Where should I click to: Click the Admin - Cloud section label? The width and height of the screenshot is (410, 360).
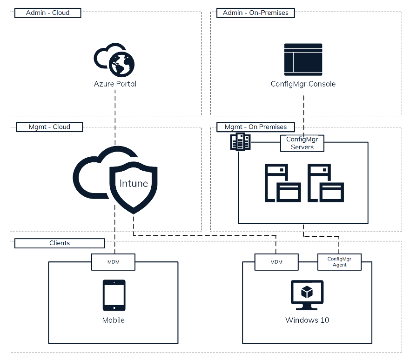coord(48,13)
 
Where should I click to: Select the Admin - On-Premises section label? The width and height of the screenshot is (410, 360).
coord(255,13)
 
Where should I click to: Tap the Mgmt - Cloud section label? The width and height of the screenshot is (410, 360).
coord(49,127)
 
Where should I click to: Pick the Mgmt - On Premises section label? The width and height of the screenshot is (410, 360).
coord(255,127)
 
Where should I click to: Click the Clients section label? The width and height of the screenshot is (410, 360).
coord(60,243)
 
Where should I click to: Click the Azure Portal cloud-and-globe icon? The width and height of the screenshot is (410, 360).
coord(114,60)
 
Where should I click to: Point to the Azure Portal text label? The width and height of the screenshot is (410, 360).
coord(115,84)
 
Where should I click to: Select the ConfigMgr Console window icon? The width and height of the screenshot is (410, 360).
coord(303,60)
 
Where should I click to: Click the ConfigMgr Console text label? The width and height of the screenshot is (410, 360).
coord(303,84)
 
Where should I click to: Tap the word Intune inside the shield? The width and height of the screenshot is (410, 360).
coord(134,183)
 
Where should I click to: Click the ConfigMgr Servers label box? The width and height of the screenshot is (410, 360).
coord(302,143)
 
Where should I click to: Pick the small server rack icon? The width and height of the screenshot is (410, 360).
coord(241,141)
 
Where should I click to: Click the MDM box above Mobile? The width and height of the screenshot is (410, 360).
coord(113,262)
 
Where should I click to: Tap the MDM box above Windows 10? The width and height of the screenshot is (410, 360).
coord(276,262)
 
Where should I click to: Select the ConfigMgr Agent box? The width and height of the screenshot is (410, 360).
coord(340,262)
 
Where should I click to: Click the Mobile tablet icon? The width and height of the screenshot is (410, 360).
coord(114,295)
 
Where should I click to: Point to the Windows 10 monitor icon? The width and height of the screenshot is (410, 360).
coord(307,295)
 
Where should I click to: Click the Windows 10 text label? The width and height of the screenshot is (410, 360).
coord(307,320)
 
